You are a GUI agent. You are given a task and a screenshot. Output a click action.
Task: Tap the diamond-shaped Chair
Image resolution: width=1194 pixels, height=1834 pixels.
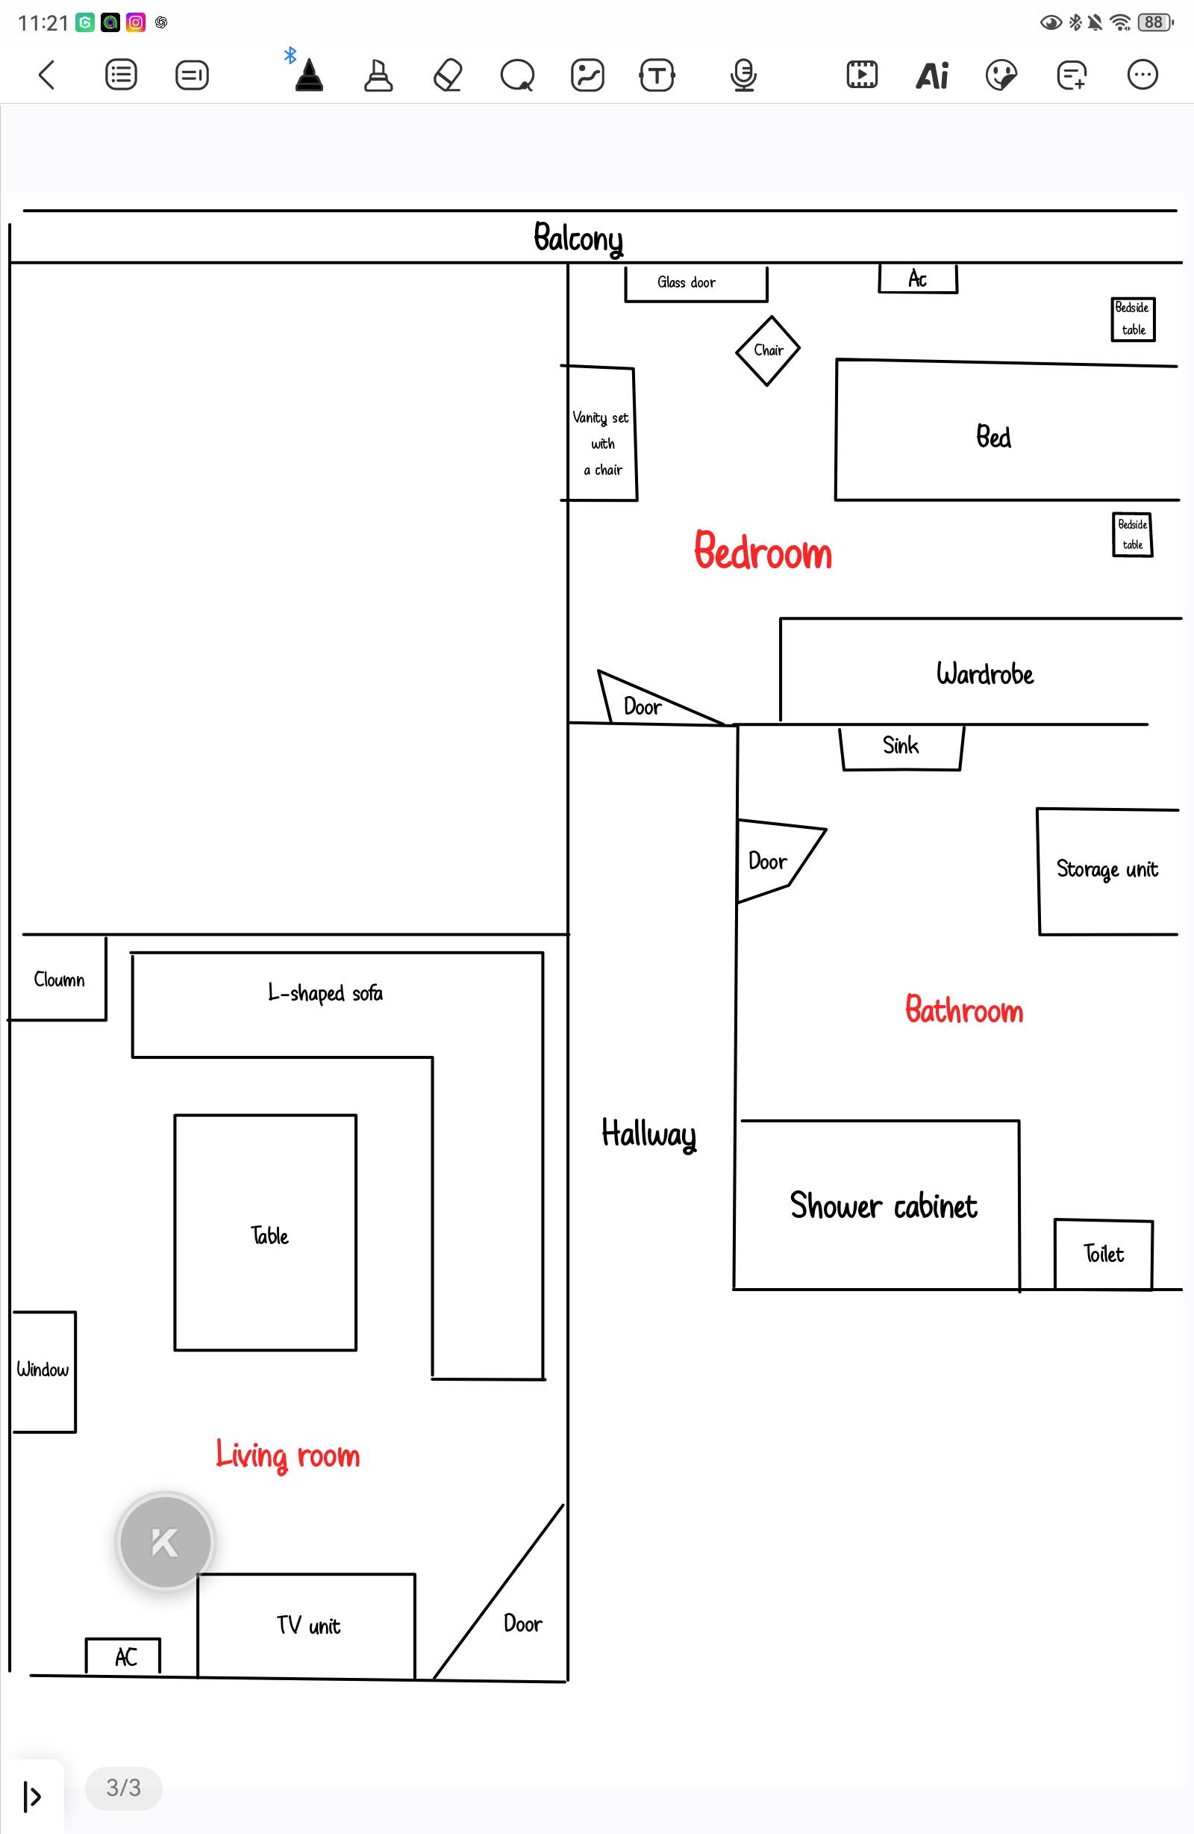(767, 351)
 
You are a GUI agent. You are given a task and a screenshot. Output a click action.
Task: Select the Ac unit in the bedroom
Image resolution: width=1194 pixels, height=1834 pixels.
(918, 279)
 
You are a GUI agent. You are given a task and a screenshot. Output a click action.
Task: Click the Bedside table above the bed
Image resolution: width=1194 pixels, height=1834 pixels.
(1133, 319)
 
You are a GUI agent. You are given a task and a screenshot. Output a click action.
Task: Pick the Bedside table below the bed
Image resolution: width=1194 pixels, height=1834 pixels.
(1132, 535)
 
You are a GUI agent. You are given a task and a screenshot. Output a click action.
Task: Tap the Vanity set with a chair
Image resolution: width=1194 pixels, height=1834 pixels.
(600, 434)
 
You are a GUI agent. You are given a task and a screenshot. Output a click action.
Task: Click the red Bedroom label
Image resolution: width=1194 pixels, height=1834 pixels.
(763, 551)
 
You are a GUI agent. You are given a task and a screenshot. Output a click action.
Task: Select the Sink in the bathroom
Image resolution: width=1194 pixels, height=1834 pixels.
(901, 747)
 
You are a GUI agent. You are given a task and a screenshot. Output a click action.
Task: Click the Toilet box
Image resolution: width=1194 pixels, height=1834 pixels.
(1103, 1254)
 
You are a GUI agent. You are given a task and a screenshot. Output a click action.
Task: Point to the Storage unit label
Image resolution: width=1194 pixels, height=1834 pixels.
(1107, 869)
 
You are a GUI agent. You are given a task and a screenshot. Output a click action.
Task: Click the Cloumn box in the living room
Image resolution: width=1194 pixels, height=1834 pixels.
(58, 979)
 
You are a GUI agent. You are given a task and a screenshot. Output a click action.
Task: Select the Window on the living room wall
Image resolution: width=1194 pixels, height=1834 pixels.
(44, 1372)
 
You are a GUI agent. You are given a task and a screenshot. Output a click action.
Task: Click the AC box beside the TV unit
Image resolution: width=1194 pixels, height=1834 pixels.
(123, 1656)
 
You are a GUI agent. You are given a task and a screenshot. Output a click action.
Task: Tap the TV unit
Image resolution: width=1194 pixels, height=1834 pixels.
(307, 1625)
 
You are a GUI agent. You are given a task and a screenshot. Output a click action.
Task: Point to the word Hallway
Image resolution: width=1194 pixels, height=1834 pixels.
(648, 1134)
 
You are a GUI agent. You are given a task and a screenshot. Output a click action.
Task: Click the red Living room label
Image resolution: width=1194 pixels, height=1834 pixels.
(288, 1455)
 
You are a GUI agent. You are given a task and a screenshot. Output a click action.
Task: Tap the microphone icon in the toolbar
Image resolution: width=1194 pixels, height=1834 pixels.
(743, 75)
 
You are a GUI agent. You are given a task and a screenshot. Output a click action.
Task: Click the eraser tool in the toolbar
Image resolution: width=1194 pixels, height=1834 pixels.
(448, 75)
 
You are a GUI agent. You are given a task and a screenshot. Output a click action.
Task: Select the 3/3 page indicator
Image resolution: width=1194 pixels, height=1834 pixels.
(123, 1787)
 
